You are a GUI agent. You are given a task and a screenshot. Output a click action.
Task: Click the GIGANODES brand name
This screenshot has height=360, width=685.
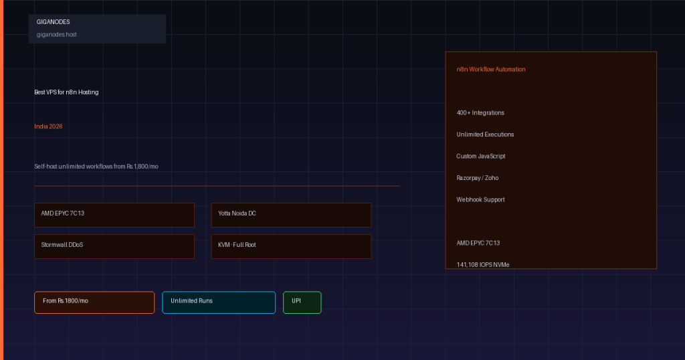54,22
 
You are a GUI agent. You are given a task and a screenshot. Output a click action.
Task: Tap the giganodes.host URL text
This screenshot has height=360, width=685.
56,35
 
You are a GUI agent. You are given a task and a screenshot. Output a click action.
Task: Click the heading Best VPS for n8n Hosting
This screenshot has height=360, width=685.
66,92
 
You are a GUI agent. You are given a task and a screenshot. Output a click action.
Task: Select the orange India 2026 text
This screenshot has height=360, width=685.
48,126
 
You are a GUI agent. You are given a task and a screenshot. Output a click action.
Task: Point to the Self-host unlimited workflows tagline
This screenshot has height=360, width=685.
96,167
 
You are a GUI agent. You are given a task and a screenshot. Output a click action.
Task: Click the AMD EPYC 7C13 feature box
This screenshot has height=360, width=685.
114,215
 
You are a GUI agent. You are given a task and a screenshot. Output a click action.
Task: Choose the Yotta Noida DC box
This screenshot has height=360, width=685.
292,215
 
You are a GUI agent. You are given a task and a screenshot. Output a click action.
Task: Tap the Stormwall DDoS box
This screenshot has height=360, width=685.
114,246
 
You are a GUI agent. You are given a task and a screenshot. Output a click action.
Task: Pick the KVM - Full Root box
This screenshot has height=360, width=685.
292,246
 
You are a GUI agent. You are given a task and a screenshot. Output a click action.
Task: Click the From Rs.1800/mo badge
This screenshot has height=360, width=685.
94,302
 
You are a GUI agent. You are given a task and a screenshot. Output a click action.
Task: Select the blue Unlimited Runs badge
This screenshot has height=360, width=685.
219,302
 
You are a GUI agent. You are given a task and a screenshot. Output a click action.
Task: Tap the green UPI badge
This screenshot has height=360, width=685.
302,302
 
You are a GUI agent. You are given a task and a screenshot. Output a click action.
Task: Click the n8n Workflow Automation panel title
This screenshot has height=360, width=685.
491,70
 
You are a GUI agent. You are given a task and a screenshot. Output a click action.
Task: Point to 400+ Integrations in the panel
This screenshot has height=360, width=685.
480,112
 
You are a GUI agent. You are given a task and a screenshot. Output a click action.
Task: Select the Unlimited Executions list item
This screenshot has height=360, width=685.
486,134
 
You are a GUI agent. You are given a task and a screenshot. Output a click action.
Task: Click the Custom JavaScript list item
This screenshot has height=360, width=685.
481,157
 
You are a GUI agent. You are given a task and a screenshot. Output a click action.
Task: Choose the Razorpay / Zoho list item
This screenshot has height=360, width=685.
478,178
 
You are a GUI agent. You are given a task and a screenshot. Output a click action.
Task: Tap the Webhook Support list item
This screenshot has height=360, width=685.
480,199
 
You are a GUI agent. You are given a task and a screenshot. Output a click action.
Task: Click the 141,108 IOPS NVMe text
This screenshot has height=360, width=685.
483,265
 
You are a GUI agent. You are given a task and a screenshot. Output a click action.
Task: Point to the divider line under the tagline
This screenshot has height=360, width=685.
217,185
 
